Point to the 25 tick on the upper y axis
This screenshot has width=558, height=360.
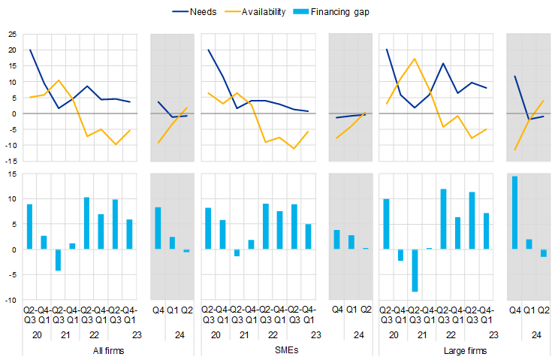pyautogui.click(x=12, y=35)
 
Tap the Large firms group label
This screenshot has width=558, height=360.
pyautogui.click(x=455, y=350)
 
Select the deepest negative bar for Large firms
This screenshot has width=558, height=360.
pyautogui.click(x=414, y=270)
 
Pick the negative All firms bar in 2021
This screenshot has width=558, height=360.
pyautogui.click(x=58, y=260)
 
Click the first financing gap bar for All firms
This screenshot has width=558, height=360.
pyautogui.click(x=30, y=226)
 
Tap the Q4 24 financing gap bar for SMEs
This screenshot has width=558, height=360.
pyautogui.click(x=336, y=239)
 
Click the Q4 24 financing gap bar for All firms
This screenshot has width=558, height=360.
pyautogui.click(x=158, y=228)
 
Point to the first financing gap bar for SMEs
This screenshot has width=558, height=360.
pyautogui.click(x=208, y=228)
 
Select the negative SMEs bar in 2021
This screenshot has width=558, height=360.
pyautogui.click(x=237, y=253)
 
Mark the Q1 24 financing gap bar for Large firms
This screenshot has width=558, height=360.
pyautogui.click(x=529, y=244)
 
